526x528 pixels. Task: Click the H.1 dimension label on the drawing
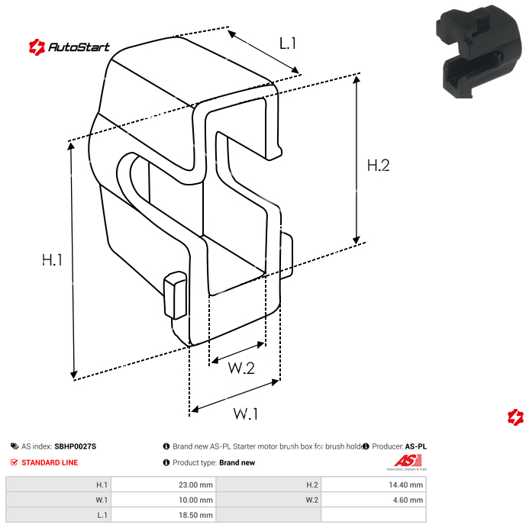tap(52, 260)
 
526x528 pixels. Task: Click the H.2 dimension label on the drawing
tap(379, 166)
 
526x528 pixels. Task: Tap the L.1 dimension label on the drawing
tap(287, 43)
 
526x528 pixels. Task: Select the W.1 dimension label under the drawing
tap(245, 414)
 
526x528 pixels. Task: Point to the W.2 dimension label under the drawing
tap(241, 369)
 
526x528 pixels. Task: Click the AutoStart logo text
tap(79, 47)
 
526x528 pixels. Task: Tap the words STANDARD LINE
tap(50, 462)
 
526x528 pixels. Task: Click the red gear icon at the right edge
tap(516, 417)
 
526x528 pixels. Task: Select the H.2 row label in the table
tap(311, 485)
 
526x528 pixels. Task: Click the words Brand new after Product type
tap(237, 462)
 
